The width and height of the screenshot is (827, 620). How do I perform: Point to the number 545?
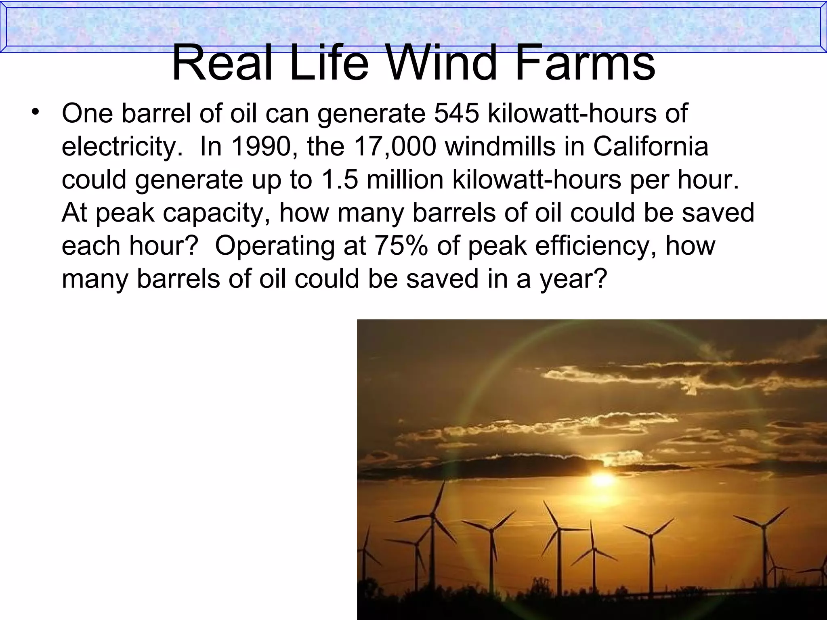tap(457, 113)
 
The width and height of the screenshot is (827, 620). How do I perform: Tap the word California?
tap(650, 147)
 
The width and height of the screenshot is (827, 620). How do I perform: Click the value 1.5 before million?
tap(339, 180)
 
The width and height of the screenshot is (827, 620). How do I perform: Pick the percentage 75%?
tap(401, 245)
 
